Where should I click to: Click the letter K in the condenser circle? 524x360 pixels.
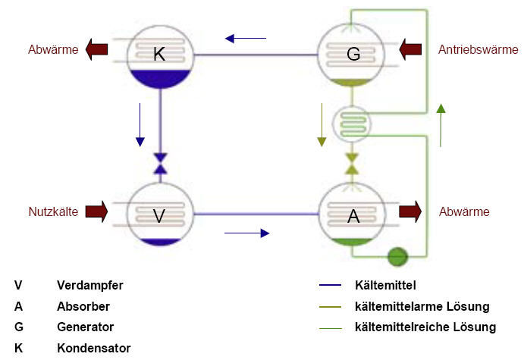[159, 55]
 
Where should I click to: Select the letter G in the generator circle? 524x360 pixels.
[353, 55]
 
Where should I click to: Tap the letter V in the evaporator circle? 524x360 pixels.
[159, 216]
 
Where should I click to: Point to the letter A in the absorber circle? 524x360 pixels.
[353, 216]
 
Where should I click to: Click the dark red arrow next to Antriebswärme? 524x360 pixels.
[410, 51]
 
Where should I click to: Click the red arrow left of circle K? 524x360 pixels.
[97, 51]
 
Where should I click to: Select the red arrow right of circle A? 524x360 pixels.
[410, 211]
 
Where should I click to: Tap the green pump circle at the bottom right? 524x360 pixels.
[397, 256]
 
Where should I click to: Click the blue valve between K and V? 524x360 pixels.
[160, 164]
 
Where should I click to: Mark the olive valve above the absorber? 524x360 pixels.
[352, 164]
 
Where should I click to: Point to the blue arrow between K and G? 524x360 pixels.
[246, 37]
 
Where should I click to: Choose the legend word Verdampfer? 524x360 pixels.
[89, 286]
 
